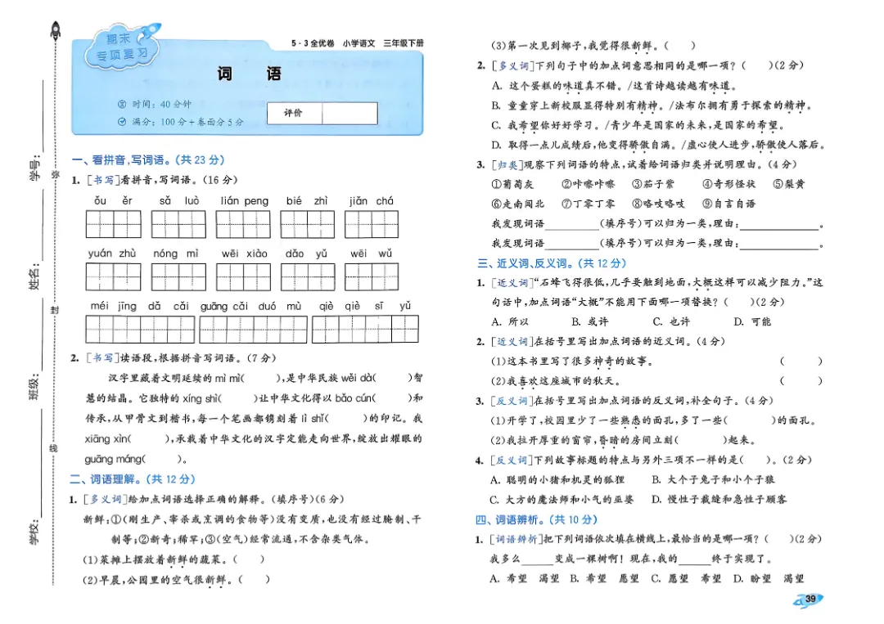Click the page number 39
pos(810,599)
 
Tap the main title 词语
pos(249,74)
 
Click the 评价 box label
pos(293,113)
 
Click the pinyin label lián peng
pos(244,200)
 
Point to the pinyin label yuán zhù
pos(112,254)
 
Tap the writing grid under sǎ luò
pos(178,224)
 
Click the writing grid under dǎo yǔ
pos(307,277)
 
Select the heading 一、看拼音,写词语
pos(147,160)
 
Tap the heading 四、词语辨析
pos(537,519)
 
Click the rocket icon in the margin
pos(56,33)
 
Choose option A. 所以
pos(509,321)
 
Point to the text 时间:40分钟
pos(156,105)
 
